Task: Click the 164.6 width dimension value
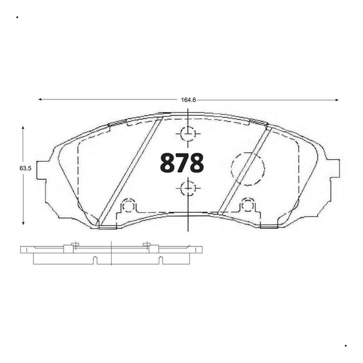[188, 100]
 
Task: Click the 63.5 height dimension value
[25, 168]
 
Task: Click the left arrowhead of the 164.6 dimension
[40, 99]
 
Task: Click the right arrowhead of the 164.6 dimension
[337, 100]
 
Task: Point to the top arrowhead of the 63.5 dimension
[23, 128]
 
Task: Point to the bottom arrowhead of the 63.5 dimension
[23, 223]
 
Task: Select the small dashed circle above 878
[188, 134]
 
